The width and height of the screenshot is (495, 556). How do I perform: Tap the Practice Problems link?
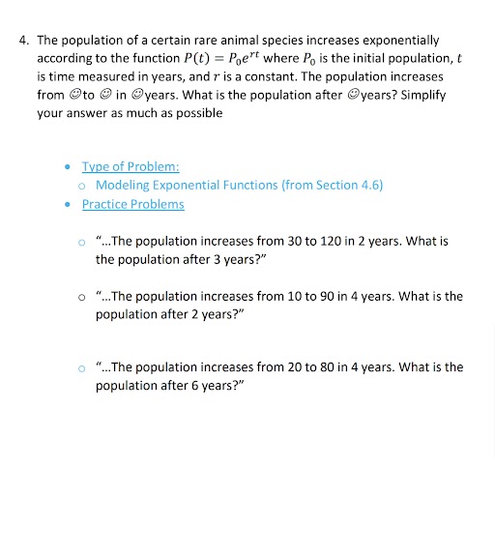click(x=132, y=204)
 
